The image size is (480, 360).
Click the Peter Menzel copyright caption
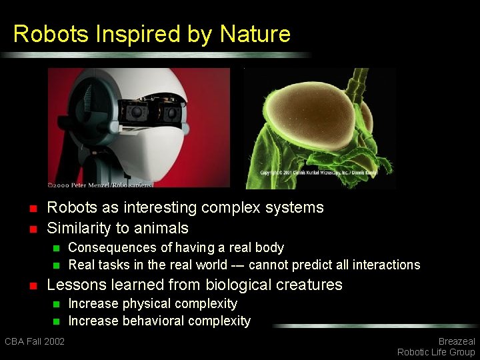pyautogui.click(x=100, y=184)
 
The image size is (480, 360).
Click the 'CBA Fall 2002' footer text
pyautogui.click(x=35, y=341)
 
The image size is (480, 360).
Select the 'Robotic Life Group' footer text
pyautogui.click(x=436, y=352)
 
